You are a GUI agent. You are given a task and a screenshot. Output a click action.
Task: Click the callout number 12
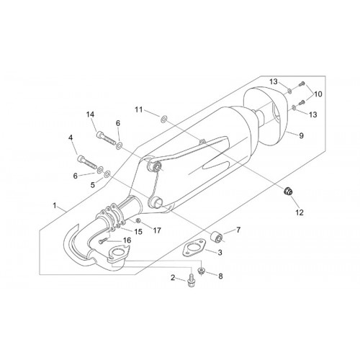300,212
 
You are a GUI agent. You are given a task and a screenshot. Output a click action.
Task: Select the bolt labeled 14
107,138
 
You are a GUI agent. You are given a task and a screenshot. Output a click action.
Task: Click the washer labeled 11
164,118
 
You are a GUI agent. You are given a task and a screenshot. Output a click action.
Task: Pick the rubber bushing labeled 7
217,236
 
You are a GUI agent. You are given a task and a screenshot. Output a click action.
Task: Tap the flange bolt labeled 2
191,281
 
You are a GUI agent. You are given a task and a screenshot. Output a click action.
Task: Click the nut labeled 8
201,271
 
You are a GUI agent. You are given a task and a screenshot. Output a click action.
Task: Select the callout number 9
301,135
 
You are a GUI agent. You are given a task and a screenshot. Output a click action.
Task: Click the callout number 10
318,94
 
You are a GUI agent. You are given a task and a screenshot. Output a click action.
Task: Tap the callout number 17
157,230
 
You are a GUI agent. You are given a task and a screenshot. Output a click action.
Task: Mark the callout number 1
55,205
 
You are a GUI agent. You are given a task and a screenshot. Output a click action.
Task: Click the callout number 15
138,232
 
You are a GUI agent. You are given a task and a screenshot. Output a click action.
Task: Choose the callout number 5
93,185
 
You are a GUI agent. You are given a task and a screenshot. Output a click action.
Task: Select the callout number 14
90,114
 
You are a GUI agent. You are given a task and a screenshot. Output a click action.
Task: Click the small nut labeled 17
138,220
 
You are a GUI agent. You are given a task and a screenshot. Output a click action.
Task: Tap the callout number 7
238,230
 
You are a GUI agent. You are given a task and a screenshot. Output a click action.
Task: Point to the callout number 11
138,109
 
